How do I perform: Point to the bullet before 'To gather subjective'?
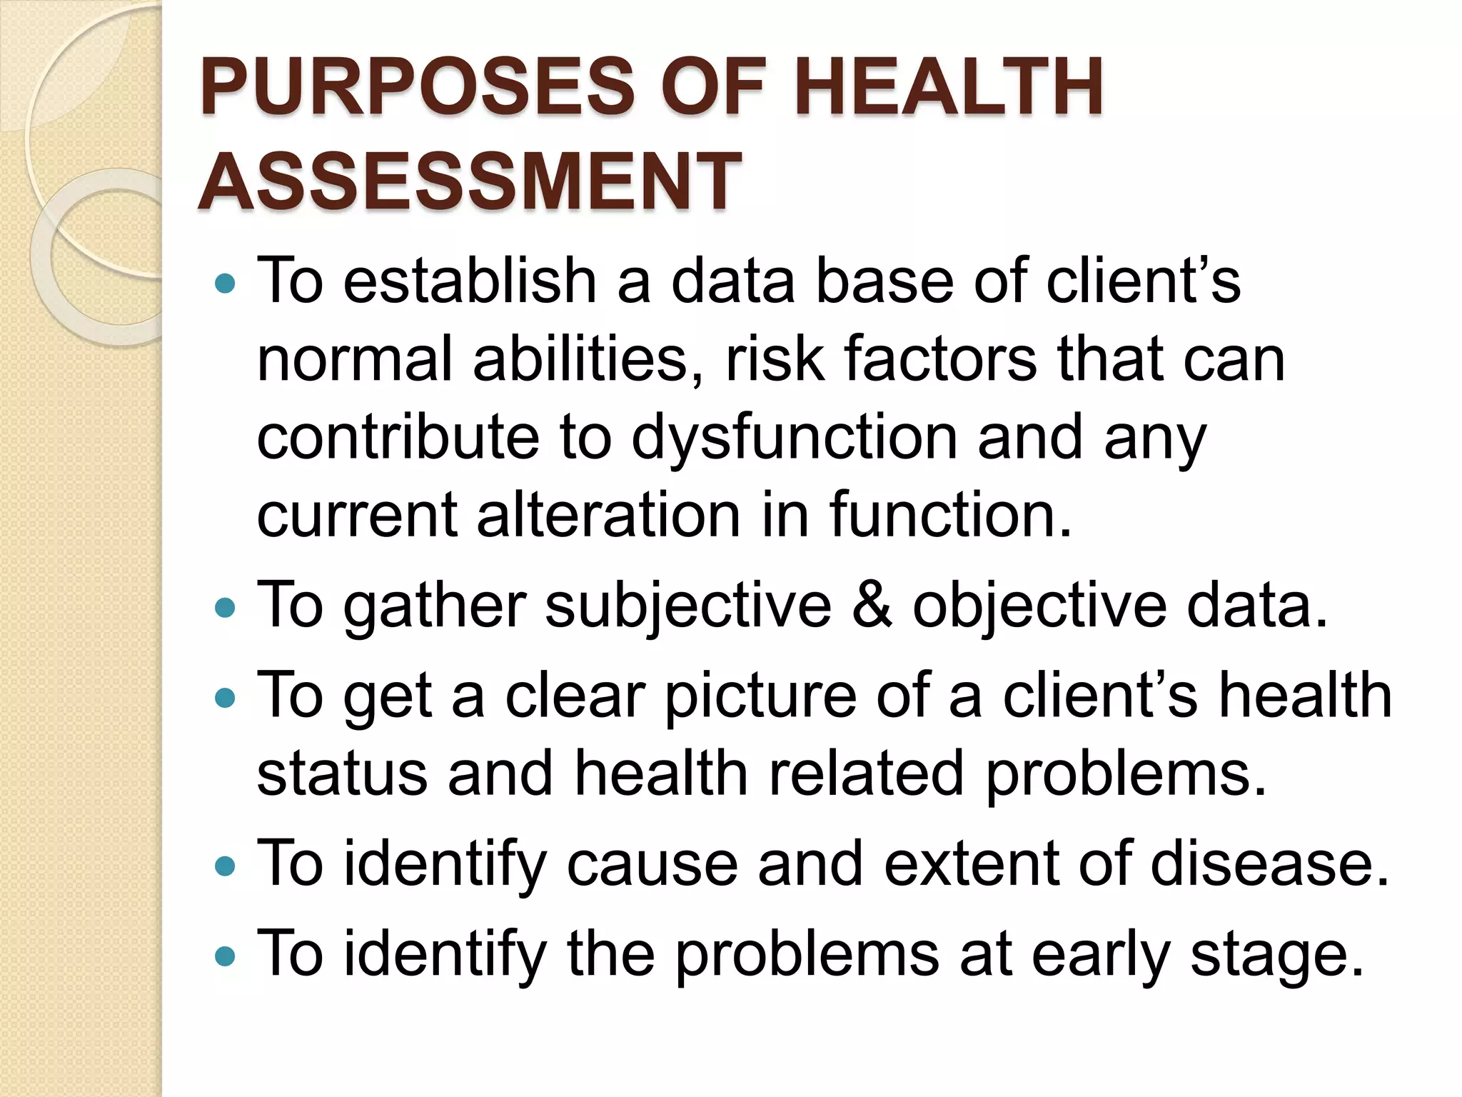224,608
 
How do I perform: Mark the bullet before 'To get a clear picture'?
224,697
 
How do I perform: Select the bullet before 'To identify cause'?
224,866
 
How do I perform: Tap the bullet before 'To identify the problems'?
224,956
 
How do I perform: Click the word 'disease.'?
1269,864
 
